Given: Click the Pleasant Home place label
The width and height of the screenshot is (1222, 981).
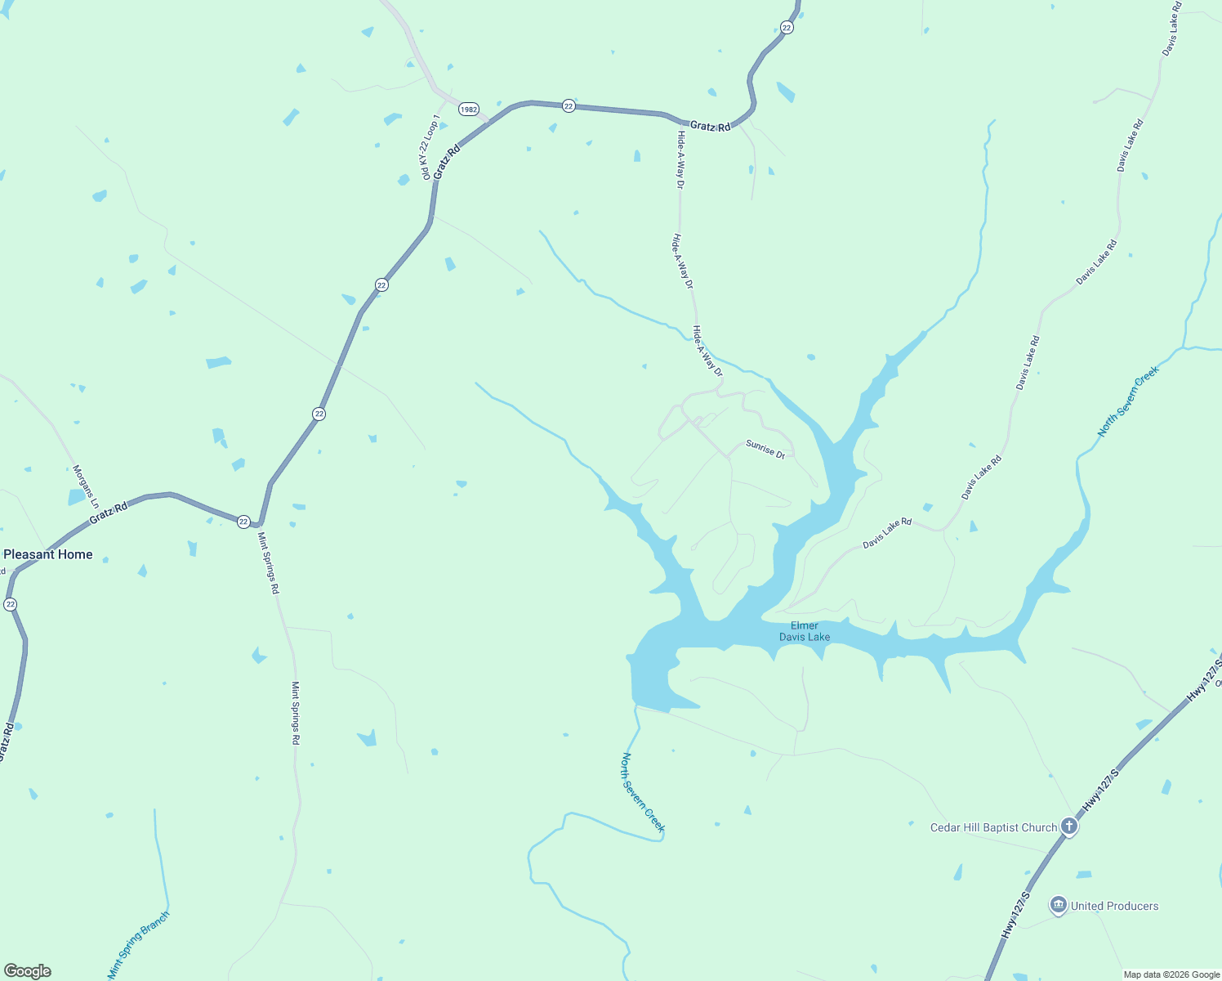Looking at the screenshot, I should click(x=48, y=554).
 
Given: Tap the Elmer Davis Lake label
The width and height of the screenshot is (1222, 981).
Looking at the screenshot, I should click(x=805, y=631).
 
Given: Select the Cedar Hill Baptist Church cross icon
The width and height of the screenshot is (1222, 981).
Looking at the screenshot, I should click(x=1069, y=826).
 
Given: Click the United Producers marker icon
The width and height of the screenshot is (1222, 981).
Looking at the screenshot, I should click(x=1059, y=905).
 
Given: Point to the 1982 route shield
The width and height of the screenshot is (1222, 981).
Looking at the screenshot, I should click(x=468, y=109).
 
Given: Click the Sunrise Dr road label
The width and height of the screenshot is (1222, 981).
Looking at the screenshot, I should click(x=765, y=450).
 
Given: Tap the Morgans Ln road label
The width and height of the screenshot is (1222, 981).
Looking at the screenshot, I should click(x=86, y=486).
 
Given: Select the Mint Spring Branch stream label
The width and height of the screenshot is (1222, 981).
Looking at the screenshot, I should click(x=139, y=945).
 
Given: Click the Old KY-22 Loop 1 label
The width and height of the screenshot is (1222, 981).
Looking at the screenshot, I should click(x=430, y=147).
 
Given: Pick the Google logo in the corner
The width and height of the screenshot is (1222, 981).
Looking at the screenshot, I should click(x=28, y=971).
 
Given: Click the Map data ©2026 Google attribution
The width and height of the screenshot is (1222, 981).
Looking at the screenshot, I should click(x=1171, y=974).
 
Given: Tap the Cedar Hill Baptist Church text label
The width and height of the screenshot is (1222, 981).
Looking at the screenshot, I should click(x=993, y=827).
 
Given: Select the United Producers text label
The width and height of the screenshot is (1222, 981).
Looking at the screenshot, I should click(x=1114, y=906).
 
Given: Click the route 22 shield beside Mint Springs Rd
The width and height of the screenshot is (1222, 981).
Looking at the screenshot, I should click(x=243, y=522).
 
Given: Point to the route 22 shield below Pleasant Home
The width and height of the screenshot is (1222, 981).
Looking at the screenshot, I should click(x=10, y=604).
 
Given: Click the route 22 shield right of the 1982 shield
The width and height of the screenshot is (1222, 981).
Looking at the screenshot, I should click(x=569, y=106).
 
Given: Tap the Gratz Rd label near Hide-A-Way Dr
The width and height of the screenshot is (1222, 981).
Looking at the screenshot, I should click(x=710, y=126).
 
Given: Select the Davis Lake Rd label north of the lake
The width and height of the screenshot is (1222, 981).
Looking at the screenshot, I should click(x=887, y=533).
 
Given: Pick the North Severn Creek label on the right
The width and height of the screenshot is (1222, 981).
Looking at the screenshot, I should click(x=1128, y=401).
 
